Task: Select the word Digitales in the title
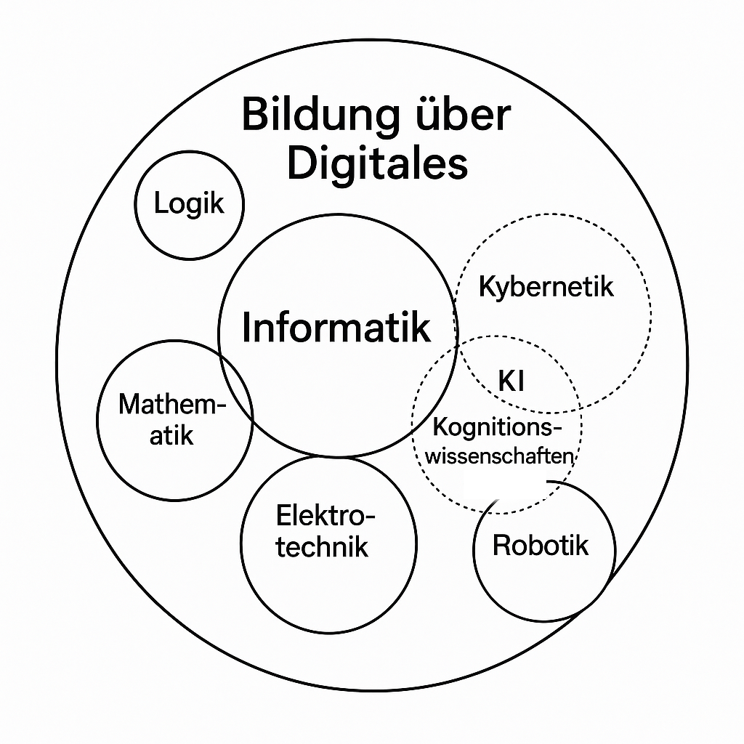coord(377,164)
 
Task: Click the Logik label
coord(189,204)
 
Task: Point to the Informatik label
coord(336,328)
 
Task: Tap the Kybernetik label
coord(546,286)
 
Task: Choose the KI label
coord(511,381)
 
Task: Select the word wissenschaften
coord(500,457)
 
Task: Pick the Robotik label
coord(541,546)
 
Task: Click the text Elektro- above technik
coord(326,517)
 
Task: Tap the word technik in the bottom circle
coord(322,546)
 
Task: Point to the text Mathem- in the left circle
coord(173,404)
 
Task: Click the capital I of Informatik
coord(247,328)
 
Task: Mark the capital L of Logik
coord(160,204)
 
